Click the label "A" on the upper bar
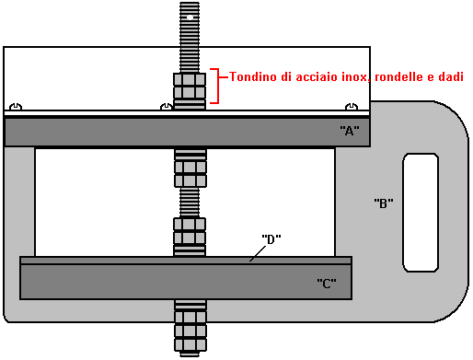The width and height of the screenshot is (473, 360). (x=350, y=131)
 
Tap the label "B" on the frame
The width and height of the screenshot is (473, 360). (x=384, y=203)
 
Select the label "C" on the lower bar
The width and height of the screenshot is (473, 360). (x=327, y=284)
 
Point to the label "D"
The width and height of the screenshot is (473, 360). (x=271, y=239)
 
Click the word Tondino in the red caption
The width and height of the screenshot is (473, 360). (x=253, y=76)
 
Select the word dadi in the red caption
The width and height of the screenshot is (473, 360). (x=451, y=76)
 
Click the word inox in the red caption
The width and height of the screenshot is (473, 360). (x=354, y=77)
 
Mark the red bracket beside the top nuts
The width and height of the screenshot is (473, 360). (x=218, y=86)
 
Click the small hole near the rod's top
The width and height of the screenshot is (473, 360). (x=190, y=17)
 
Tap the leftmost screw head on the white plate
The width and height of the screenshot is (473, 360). (x=16, y=107)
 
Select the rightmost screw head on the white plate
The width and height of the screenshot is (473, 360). (x=352, y=107)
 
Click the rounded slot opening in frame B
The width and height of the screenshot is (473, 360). (x=421, y=213)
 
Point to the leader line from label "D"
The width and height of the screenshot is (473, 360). (x=258, y=253)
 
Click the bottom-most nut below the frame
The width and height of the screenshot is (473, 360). (x=190, y=344)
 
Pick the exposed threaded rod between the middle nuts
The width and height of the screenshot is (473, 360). (x=190, y=203)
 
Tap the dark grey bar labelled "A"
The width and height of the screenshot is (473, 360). (x=187, y=133)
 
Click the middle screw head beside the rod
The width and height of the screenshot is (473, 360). (x=167, y=107)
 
